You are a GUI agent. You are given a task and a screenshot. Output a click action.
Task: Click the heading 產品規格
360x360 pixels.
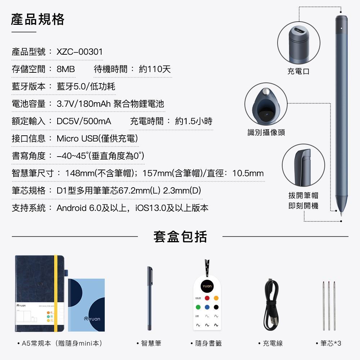[x=38, y=19]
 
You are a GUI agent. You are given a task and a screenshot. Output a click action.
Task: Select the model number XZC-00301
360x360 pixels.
[x=80, y=51]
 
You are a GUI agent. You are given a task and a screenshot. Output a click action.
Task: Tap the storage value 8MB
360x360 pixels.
[x=66, y=69]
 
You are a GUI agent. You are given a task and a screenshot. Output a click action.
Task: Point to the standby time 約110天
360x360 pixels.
[x=154, y=69]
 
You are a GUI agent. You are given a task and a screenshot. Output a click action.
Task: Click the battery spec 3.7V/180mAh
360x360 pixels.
[x=84, y=104]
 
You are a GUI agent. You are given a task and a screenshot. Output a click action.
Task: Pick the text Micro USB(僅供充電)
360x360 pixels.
[x=97, y=139]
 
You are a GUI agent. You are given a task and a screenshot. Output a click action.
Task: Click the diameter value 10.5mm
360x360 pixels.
[x=248, y=174]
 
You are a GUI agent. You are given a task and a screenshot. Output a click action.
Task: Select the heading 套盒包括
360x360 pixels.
[x=180, y=237]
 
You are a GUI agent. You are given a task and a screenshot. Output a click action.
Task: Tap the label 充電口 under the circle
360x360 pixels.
[x=298, y=72]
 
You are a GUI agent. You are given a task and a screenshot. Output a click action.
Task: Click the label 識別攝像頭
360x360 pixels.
[x=266, y=132]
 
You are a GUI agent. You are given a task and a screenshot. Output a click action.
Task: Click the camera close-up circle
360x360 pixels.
[x=266, y=105]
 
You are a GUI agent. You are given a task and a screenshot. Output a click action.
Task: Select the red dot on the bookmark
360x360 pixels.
[x=207, y=298]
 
